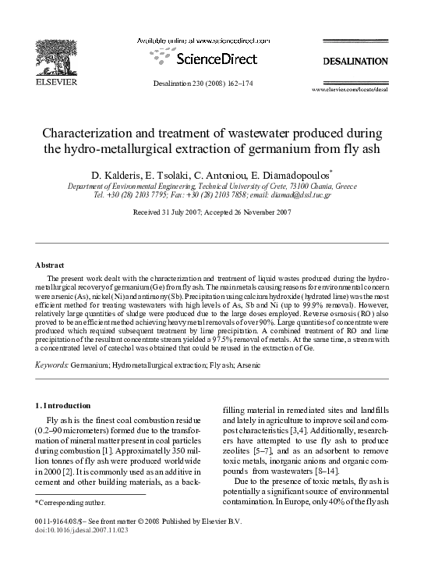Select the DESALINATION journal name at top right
[x=355, y=61]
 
